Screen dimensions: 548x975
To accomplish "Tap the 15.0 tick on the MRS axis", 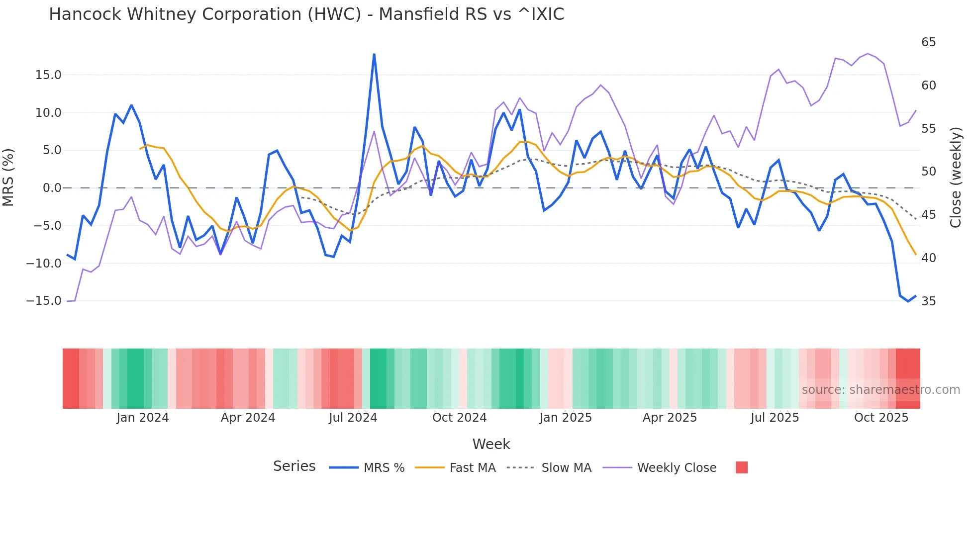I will click(48, 75).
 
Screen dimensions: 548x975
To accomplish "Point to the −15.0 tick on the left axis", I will click(44, 301).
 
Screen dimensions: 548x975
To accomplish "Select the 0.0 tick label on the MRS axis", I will click(52, 188).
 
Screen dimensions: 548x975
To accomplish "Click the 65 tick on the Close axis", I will click(928, 42).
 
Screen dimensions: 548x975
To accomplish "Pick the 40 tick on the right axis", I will click(928, 258).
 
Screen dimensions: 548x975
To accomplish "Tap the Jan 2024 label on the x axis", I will click(143, 418).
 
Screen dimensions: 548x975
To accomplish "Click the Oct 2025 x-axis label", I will click(881, 418).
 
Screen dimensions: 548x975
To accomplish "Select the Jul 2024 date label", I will click(353, 418).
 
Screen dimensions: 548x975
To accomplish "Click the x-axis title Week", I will click(491, 444).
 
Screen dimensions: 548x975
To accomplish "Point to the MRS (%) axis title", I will click(8, 178).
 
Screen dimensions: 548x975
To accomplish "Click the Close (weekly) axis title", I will click(956, 178).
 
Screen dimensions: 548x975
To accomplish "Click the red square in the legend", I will click(741, 467).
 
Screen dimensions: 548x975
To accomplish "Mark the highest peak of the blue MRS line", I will click(374, 55).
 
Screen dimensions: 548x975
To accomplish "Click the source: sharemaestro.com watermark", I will click(880, 390).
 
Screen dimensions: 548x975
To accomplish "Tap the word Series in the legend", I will click(294, 466).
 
